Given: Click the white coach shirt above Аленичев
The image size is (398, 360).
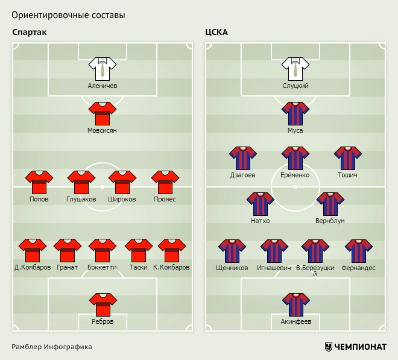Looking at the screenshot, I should pyautogui.click(x=103, y=68).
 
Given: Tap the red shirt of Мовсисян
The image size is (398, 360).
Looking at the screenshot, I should pyautogui.click(x=103, y=113).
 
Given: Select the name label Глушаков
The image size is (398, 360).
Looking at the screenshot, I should pyautogui.click(x=81, y=199).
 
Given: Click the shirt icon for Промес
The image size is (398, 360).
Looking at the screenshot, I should pyautogui.click(x=165, y=182).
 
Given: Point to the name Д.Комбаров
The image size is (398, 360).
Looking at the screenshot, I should pyautogui.click(x=33, y=267).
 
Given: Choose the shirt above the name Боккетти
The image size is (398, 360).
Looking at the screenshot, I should pyautogui.click(x=103, y=250).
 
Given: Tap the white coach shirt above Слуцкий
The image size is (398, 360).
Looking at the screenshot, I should pyautogui.click(x=295, y=68).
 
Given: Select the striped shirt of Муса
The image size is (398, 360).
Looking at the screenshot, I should pyautogui.click(x=295, y=113).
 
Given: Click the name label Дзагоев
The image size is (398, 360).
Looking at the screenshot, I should pyautogui.click(x=242, y=175).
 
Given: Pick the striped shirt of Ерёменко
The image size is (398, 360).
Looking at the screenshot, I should pyautogui.click(x=295, y=157).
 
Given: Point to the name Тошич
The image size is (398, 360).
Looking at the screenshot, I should pyautogui.click(x=348, y=175).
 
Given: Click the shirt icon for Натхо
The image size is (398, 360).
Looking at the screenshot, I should pyautogui.click(x=261, y=203).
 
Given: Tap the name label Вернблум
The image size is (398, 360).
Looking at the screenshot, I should pyautogui.click(x=330, y=221).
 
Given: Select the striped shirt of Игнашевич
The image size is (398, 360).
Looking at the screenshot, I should pyautogui.click(x=274, y=250).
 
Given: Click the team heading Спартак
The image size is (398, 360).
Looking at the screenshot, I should pyautogui.click(x=29, y=32).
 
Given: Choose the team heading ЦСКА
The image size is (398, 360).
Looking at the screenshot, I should pyautogui.click(x=216, y=32).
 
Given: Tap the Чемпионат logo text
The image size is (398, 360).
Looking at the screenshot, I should pyautogui.click(x=360, y=347).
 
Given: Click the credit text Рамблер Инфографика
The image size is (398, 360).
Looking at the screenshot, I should pyautogui.click(x=51, y=347).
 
